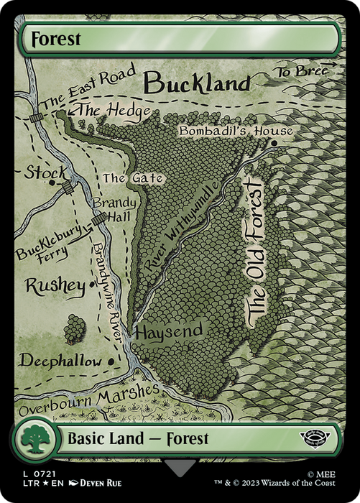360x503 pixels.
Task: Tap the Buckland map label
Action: pos(195,83)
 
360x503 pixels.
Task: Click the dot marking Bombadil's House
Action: pos(274,143)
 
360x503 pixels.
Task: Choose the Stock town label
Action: pos(45,173)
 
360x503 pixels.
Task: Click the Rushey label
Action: pos(55,285)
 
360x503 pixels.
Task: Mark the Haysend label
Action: pos(169,331)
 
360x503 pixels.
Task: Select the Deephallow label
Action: pos(60,361)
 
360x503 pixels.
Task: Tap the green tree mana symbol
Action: pos(34,438)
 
